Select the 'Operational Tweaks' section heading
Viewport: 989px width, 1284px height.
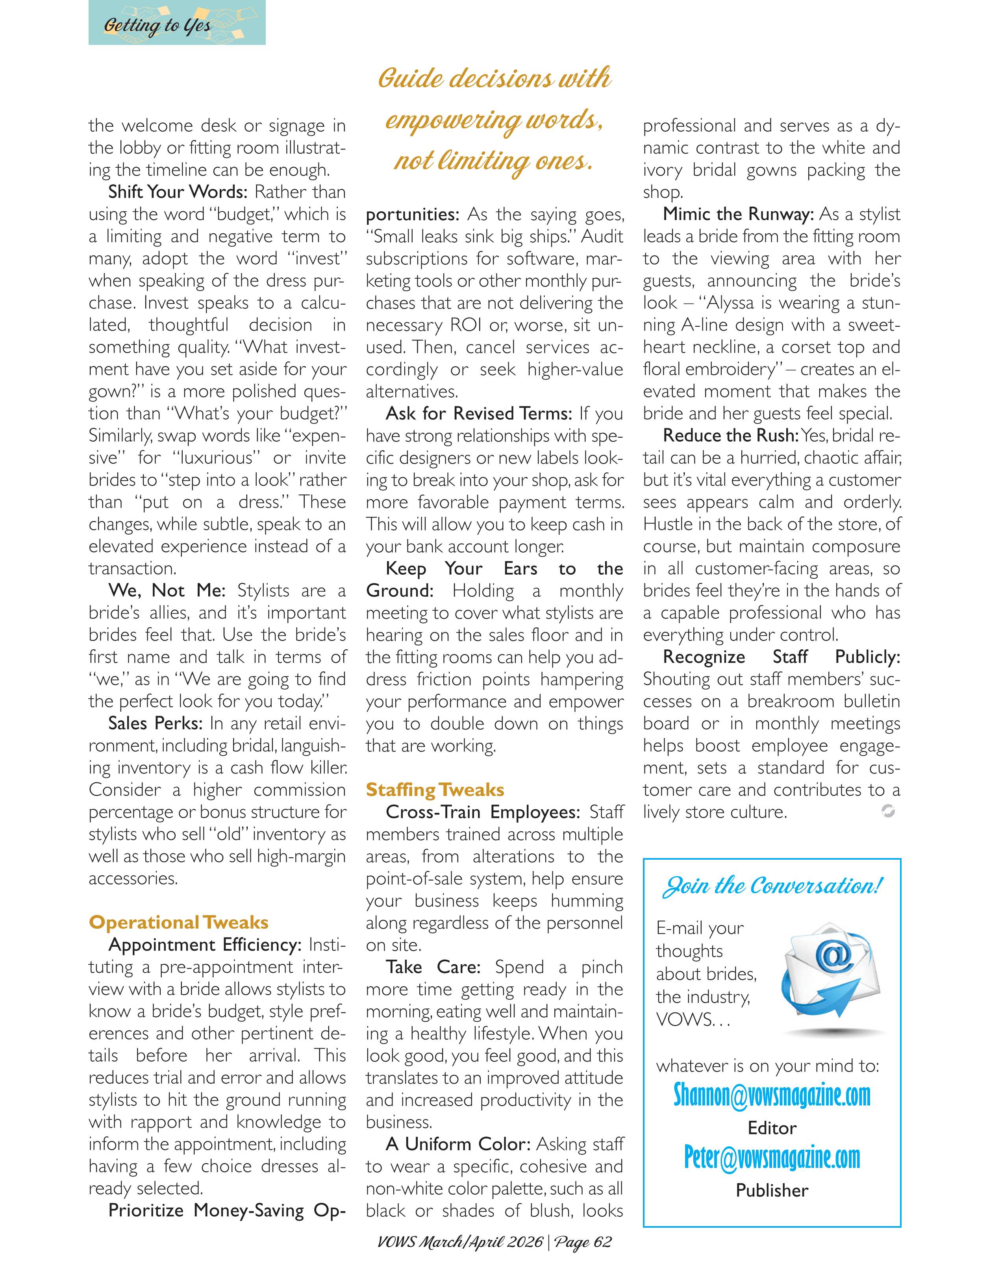178,922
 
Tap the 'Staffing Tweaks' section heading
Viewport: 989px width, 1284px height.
435,790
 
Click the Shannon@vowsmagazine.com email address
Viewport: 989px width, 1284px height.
771,1095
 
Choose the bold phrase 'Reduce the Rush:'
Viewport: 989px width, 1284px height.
730,436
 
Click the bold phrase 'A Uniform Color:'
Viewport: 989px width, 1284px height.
458,1144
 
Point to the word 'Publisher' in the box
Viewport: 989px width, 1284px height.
771,1191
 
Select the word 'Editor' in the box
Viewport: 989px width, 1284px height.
771,1128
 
